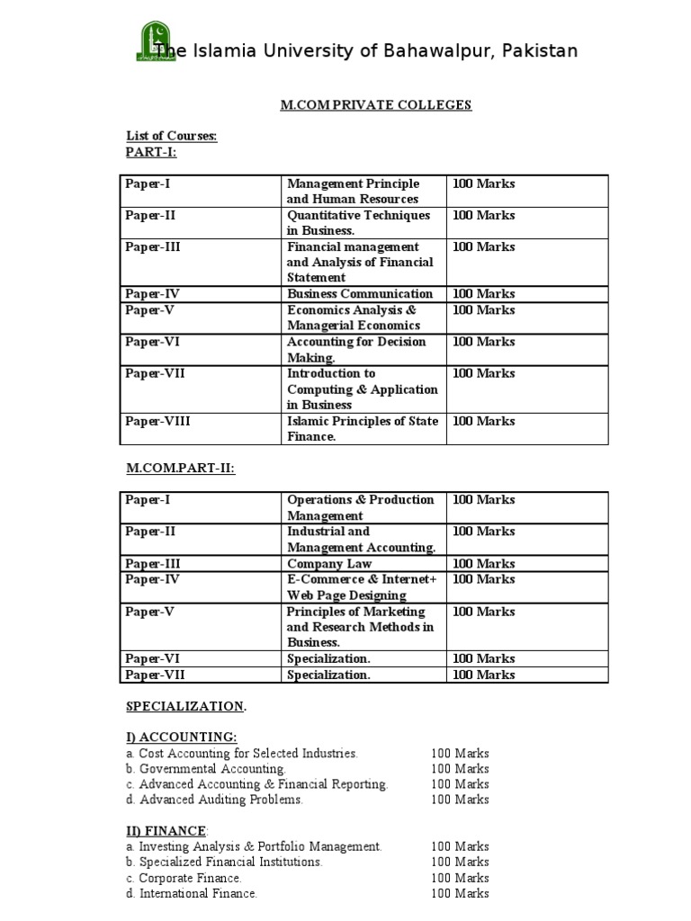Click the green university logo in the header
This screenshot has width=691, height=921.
152,41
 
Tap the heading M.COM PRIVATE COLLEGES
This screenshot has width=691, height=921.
375,105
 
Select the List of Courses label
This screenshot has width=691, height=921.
171,136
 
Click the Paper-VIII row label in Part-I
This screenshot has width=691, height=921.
158,421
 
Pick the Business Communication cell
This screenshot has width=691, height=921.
359,294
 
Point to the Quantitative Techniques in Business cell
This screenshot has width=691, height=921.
358,223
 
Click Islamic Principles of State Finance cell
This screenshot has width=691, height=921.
362,428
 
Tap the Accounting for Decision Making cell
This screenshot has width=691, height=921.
356,350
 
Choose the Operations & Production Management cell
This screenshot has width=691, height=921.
360,507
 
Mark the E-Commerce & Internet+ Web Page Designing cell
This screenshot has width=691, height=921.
361,587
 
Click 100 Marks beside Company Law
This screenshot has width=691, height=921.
484,564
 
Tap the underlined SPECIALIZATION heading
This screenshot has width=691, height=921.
184,706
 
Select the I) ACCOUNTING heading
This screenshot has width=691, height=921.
181,738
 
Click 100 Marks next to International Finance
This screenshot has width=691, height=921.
460,893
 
